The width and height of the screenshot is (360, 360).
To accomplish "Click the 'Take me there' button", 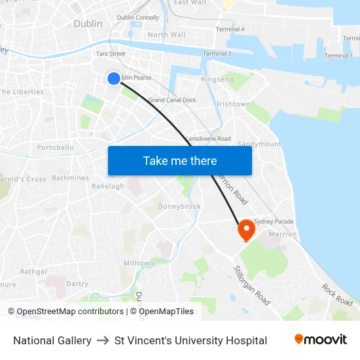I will tap(180, 160).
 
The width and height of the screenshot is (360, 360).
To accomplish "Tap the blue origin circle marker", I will tap(114, 79).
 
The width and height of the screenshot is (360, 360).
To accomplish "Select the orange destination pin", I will tap(246, 229).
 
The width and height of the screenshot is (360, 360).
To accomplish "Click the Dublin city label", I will tap(88, 24).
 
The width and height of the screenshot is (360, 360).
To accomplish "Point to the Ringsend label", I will tap(217, 79).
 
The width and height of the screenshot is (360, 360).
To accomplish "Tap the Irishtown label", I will tap(233, 104).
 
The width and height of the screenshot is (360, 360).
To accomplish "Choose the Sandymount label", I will tap(259, 144).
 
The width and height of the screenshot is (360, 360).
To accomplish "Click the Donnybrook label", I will tap(179, 206).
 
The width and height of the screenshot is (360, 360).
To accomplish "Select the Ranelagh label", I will tap(108, 186).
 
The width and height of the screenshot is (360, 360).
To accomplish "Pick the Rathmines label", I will tap(71, 177).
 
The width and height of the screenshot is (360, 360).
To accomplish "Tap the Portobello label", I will tap(56, 148).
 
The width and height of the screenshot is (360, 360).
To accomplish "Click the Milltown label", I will tap(138, 263).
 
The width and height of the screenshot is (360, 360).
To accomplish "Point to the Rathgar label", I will tap(33, 271).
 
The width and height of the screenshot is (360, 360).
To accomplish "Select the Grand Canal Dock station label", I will tap(172, 100).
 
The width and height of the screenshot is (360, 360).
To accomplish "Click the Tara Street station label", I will tap(111, 54).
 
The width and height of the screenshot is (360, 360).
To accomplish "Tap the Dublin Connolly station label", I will tap(137, 18).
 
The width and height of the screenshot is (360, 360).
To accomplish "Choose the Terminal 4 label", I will tap(230, 29).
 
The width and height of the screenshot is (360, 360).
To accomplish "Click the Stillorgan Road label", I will tap(251, 285).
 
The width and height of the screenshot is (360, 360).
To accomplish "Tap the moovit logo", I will tap(320, 340).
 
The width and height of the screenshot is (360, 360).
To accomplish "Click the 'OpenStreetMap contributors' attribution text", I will tap(70, 312).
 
